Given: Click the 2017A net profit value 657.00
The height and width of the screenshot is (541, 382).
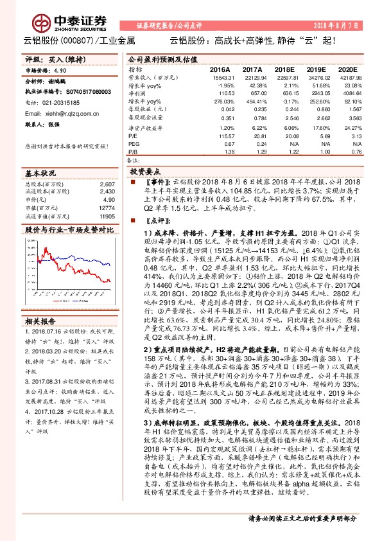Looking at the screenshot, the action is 252,93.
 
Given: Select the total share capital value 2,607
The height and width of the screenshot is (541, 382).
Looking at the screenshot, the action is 108,184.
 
